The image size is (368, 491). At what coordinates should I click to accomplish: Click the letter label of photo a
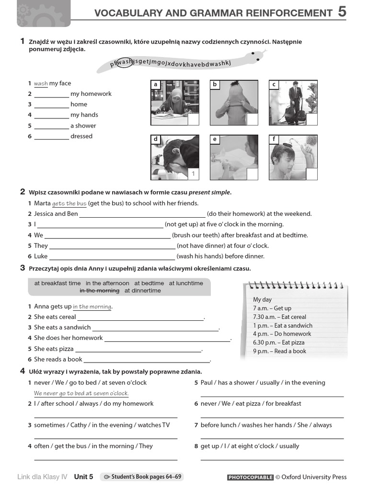click(156, 85)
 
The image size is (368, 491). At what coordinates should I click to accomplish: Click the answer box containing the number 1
click(193, 174)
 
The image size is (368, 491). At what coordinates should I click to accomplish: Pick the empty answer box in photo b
click(252, 119)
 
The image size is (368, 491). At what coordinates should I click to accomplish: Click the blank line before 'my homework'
click(52, 94)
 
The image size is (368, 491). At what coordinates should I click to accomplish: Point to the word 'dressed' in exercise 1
click(81, 136)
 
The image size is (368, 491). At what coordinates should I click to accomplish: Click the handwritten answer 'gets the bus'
click(69, 203)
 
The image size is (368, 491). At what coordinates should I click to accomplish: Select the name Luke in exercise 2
click(41, 256)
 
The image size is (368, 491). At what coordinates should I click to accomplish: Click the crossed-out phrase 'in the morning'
click(99, 291)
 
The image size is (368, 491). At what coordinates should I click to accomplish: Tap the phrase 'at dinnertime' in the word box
click(143, 291)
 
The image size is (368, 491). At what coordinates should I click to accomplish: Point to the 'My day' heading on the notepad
click(262, 300)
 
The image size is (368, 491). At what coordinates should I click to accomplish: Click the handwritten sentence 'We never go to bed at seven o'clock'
click(81, 393)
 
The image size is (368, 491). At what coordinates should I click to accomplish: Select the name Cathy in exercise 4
click(79, 425)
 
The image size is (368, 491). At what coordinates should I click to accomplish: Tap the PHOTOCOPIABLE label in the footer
click(250, 477)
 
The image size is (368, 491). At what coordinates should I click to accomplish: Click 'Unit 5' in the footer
click(83, 477)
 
